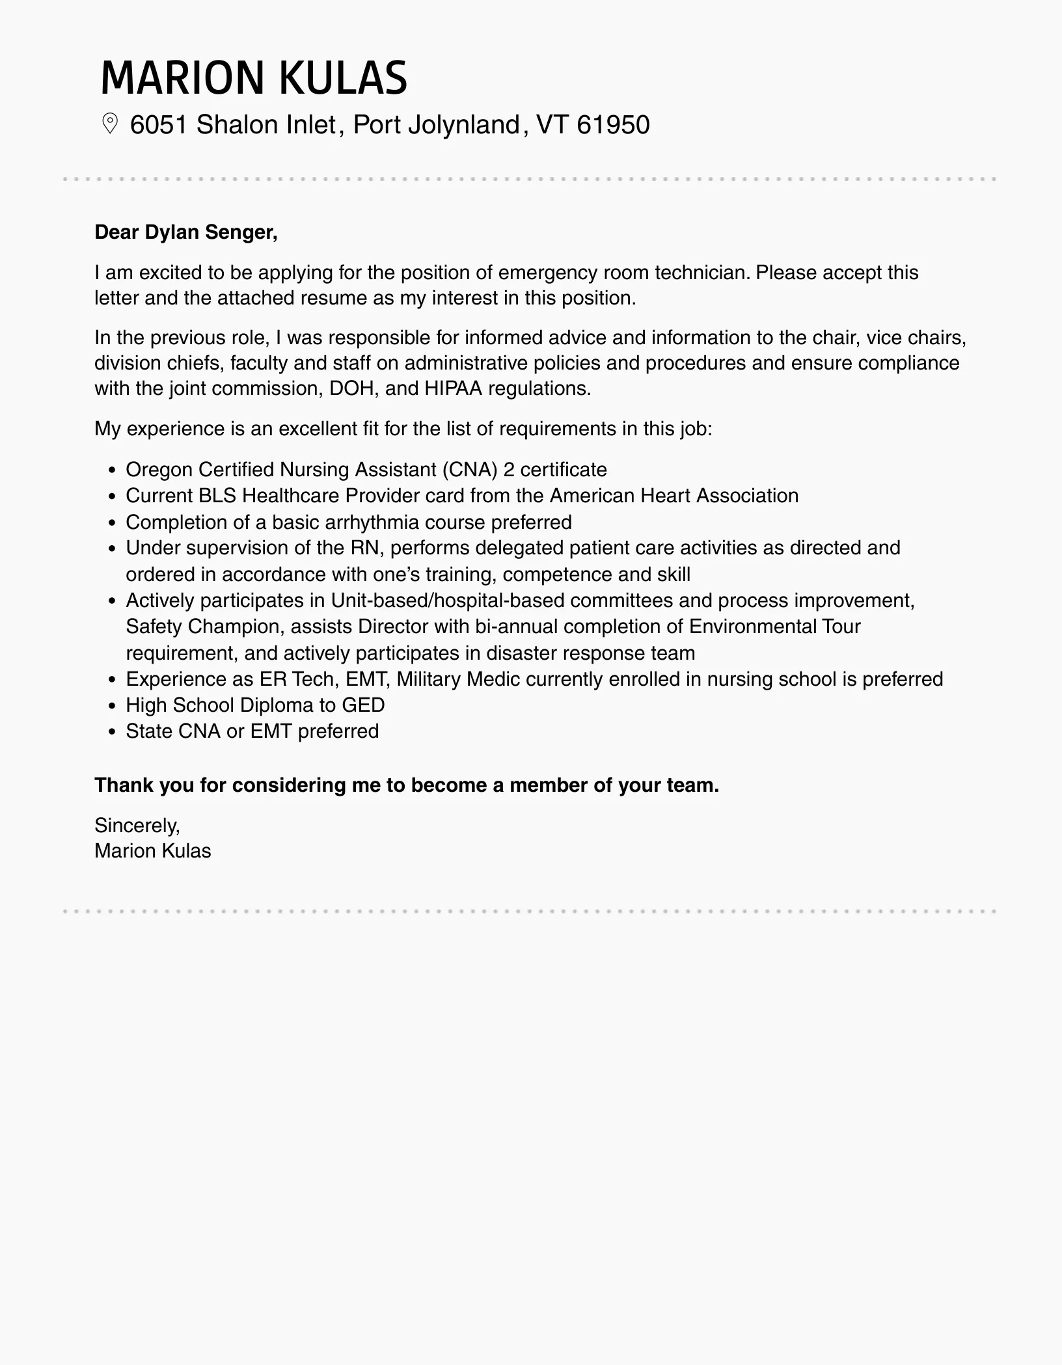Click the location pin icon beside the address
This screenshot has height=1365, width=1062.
tap(110, 124)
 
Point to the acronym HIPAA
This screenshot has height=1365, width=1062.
tap(453, 388)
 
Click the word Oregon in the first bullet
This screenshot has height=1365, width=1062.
tap(158, 470)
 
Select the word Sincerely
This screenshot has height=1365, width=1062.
tap(137, 826)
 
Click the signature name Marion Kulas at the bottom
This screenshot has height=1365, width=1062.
tap(152, 851)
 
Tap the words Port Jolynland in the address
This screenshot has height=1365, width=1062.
tap(436, 125)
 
